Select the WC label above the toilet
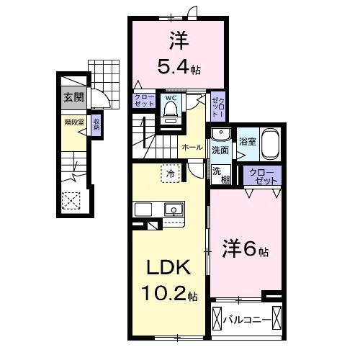point(171,97)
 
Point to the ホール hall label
point(192,146)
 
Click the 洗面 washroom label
point(220,150)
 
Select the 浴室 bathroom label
point(247,142)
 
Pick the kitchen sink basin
point(173,210)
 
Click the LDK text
point(169,268)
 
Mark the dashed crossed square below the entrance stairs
point(71,200)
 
